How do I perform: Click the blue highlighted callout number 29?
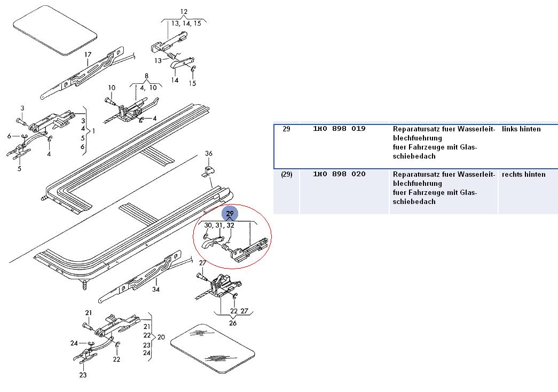[x=230, y=214]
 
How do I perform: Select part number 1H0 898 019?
[x=339, y=129]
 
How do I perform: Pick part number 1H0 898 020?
[x=339, y=175]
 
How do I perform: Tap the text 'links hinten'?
[x=521, y=129]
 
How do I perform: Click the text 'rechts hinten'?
[x=523, y=175]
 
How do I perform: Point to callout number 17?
[x=88, y=54]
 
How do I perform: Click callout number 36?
[x=209, y=154]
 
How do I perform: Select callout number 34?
[x=156, y=290]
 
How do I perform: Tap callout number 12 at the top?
[x=184, y=12]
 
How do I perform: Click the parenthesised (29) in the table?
[x=287, y=175]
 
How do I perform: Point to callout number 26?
[x=233, y=323]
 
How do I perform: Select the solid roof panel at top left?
[x=54, y=30]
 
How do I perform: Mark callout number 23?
[x=83, y=375]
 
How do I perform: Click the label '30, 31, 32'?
[x=219, y=225]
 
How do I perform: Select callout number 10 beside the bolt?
[x=112, y=88]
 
